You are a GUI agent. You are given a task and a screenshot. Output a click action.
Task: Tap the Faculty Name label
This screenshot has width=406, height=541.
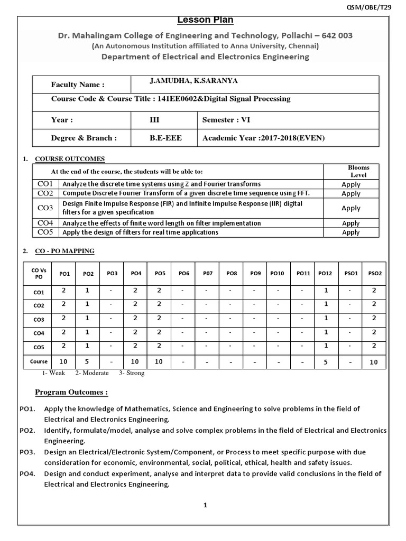78,85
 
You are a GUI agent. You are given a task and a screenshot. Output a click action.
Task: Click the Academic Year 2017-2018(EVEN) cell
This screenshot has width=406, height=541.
264,138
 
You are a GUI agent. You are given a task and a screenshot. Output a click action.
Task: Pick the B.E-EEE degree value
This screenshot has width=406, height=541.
166,138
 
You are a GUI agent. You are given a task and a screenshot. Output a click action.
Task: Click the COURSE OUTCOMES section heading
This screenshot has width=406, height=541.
70,158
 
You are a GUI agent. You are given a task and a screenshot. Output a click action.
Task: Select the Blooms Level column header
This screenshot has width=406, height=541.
358,171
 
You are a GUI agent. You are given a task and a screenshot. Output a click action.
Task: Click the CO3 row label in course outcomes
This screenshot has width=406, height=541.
45,208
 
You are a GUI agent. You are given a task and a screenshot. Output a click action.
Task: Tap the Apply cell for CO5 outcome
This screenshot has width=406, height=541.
351,232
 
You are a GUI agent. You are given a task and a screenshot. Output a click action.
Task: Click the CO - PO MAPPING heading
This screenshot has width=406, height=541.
64,251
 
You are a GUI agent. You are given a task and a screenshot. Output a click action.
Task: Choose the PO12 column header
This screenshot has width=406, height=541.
326,273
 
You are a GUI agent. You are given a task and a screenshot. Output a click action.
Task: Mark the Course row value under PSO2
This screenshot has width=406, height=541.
374,362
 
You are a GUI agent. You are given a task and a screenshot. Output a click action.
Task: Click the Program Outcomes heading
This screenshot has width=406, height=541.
71,392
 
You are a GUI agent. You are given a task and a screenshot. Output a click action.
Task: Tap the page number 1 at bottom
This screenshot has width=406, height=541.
206,505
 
